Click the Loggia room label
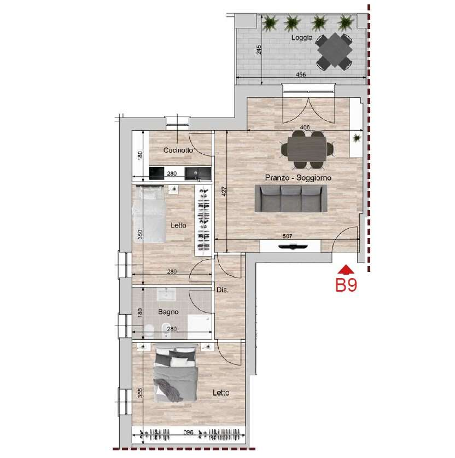tap(302, 38)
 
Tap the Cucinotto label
tap(178, 150)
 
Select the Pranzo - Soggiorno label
tap(298, 178)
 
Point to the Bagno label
tap(168, 312)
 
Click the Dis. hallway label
tap(223, 290)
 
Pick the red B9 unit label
tap(346, 285)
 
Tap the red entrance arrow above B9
tap(346, 269)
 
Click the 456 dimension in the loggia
tap(301, 74)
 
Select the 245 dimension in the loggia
tap(259, 50)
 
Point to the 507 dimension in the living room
tap(287, 236)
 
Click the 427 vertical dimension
tap(224, 191)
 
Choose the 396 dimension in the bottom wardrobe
tap(189, 432)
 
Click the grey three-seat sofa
tap(291, 198)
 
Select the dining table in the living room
tap(306, 149)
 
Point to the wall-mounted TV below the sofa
tap(293, 247)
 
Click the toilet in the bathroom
tap(149, 331)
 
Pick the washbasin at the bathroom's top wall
tap(166, 294)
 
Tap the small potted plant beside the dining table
tap(357, 137)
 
